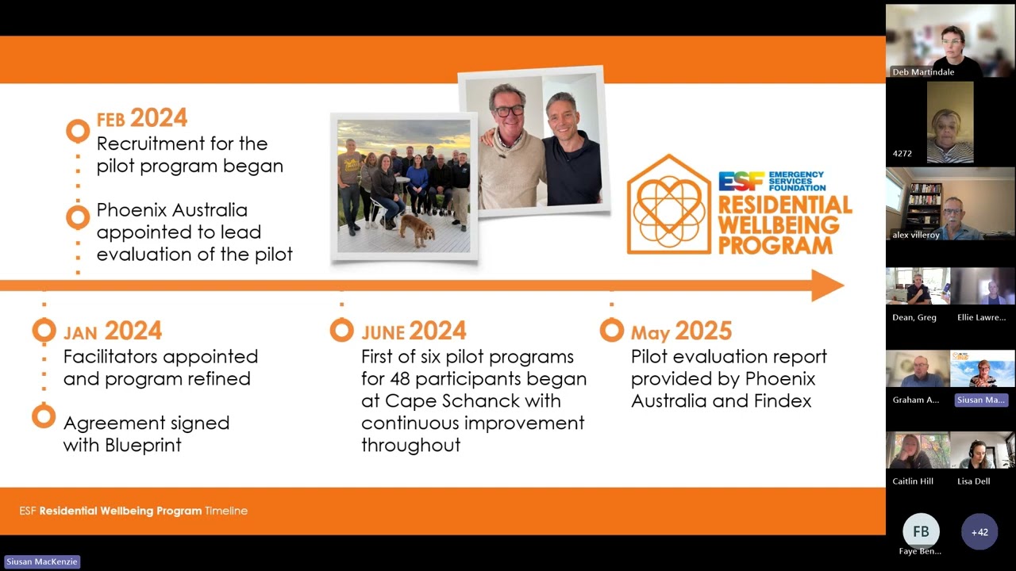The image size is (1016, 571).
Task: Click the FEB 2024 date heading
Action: coord(141,119)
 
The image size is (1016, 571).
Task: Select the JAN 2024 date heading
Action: coord(112,331)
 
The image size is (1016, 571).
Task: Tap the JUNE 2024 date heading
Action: coord(414,331)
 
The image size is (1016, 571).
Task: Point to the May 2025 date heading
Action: coord(681,331)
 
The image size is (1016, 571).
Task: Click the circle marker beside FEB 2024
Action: coord(78,131)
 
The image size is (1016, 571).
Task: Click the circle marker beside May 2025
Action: coord(611,330)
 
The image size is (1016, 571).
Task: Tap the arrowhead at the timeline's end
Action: coord(827,285)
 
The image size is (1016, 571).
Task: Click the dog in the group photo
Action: coord(417,230)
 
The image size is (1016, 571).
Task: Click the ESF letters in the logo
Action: coord(741,181)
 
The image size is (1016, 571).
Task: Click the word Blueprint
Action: coord(143,445)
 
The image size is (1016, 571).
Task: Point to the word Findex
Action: coord(778,400)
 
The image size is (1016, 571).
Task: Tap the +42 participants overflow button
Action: coord(979,532)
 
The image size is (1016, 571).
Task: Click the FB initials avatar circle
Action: coord(920,531)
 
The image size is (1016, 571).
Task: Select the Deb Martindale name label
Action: coord(923,72)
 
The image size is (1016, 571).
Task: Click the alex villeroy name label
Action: coord(916,235)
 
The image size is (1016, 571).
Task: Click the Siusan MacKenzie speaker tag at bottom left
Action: coord(43,561)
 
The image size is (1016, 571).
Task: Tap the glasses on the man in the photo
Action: coord(508,110)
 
